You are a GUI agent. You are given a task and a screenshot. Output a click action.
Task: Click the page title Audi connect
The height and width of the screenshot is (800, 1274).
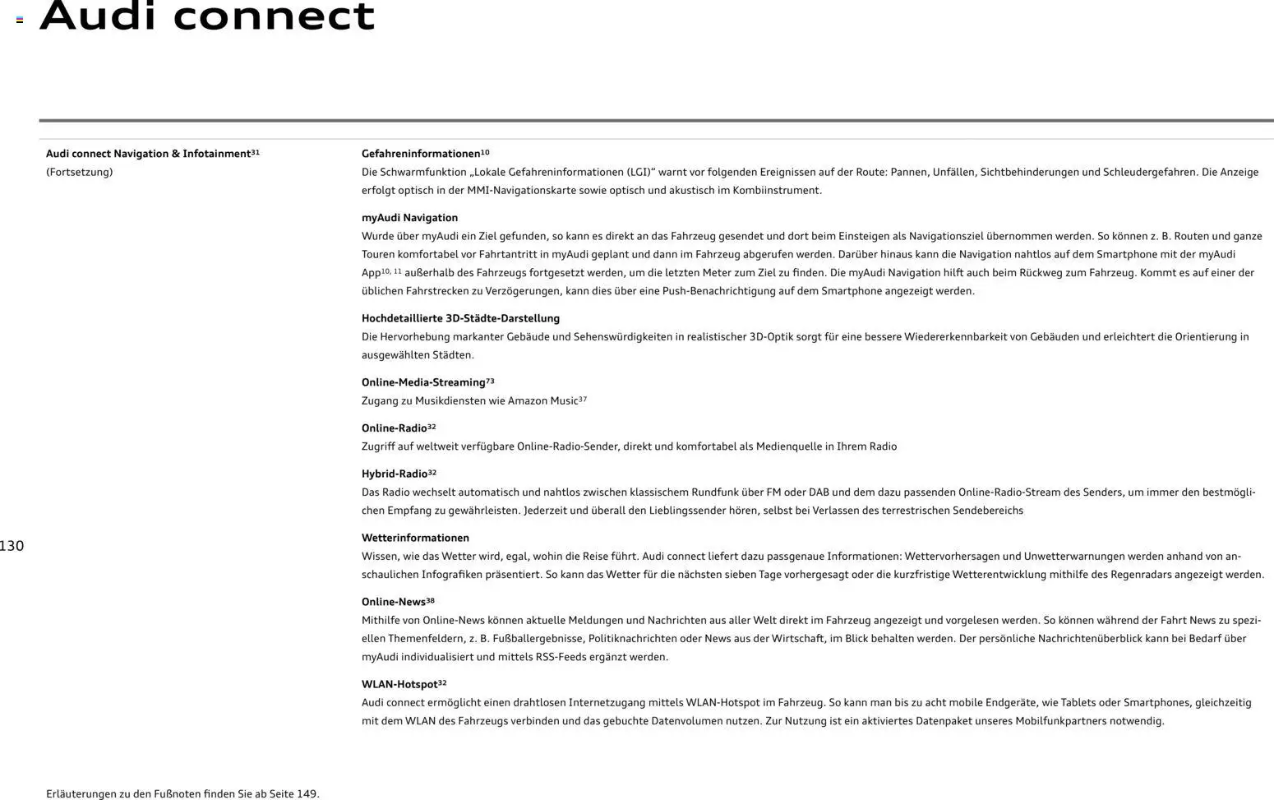tap(206, 16)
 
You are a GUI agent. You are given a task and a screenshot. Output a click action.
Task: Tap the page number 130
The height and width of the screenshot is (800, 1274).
tap(12, 546)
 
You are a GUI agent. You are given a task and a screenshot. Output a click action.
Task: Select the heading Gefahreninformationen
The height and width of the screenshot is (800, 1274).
tap(421, 154)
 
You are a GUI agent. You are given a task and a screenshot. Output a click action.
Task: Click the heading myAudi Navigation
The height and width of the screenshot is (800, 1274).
tap(409, 218)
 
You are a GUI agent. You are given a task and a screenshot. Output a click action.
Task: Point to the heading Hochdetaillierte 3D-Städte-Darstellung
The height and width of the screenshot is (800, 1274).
tap(460, 318)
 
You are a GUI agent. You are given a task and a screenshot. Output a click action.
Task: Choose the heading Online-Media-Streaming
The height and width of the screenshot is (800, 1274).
tap(423, 382)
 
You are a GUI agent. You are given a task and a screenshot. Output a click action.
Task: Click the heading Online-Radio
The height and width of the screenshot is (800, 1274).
tap(395, 428)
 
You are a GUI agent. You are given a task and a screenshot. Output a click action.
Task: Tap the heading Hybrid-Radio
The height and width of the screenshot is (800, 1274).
tap(395, 474)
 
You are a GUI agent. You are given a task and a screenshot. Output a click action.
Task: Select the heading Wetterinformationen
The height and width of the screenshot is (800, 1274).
tap(415, 538)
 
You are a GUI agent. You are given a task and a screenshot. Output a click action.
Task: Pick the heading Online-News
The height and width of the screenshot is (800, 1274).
tap(394, 602)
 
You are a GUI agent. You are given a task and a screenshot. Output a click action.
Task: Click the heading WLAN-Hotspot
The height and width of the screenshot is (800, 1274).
tap(399, 684)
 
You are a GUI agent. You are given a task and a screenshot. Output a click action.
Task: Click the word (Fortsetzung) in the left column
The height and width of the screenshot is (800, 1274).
tap(80, 172)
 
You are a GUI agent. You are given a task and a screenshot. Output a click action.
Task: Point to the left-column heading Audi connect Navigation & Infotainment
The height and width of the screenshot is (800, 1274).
tap(148, 154)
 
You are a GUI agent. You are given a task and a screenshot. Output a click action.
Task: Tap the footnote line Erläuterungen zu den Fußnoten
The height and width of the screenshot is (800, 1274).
tap(182, 793)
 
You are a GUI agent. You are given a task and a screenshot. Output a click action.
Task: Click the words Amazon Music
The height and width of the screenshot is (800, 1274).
tap(542, 400)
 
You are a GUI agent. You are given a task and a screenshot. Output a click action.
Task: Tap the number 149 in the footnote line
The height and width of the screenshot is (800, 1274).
tap(307, 793)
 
